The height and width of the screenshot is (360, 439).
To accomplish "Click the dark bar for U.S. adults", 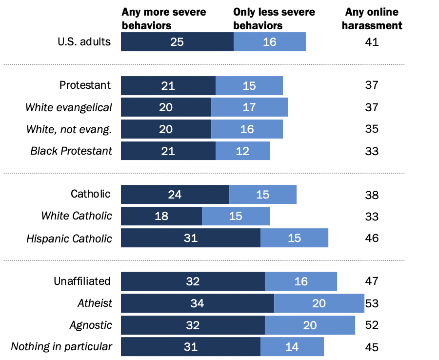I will coord(177,42).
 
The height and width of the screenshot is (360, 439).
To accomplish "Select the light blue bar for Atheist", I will coord(319,303).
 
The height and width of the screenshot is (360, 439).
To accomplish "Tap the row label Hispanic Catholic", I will coord(69,239).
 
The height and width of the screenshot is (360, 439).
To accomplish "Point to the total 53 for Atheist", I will coord(372,303).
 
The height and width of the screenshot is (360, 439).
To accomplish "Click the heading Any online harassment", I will coord(372,19).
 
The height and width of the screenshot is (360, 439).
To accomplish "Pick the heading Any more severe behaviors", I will coord(157,19).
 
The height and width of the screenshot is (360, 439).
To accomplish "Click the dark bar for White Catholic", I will coord(161,216).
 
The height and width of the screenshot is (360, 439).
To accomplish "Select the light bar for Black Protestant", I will coord(242,151).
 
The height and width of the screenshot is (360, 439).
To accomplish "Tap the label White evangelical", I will coord(69,107).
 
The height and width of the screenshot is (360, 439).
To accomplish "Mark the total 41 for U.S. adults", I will coord(372,42).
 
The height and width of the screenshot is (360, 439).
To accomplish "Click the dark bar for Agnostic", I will coord(193,325).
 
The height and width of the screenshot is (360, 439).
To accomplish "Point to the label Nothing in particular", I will coord(61,347).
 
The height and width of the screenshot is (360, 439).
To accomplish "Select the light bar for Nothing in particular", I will coord(292,347).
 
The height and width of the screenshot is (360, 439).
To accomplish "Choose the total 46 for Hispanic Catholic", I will coord(372,239).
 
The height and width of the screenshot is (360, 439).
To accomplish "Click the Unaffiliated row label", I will coord(82,281).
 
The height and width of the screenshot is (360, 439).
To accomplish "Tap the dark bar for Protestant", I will coord(168,85).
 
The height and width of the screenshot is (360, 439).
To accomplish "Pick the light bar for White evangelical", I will coord(249,107).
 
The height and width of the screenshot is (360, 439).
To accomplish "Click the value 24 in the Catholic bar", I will coord(175,195).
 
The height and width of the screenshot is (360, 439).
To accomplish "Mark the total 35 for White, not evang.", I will coord(372,129).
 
